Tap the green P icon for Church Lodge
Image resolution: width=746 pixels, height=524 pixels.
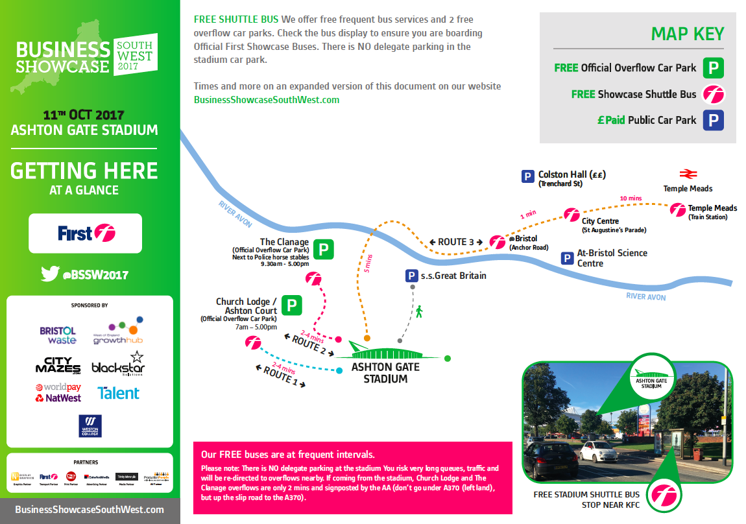pos(292,305)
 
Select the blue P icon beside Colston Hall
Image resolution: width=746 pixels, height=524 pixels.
pos(528,176)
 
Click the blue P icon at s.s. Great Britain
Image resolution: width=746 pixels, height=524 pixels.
pos(411,276)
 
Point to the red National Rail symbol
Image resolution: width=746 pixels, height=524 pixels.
pos(687,174)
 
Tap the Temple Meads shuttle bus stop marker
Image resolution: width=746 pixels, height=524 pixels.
pos(678,209)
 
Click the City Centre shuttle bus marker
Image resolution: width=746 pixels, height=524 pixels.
pos(571,214)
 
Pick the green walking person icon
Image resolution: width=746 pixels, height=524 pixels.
pos(419,312)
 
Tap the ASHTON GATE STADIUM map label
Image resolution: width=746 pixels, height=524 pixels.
pos(385,372)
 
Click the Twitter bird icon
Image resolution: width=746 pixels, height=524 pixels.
pos(50,274)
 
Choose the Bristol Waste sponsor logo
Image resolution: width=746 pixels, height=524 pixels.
pos(58,335)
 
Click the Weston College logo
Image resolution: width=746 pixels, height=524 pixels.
pos(90,426)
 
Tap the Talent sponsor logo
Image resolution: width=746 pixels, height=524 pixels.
pos(118,393)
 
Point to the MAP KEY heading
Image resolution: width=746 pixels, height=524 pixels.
pos(687,34)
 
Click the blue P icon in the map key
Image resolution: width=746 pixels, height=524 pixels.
pos(714,121)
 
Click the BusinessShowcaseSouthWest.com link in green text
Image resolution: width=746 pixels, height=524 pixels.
pos(267,100)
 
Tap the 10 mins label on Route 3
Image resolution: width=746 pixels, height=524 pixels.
pos(631,198)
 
